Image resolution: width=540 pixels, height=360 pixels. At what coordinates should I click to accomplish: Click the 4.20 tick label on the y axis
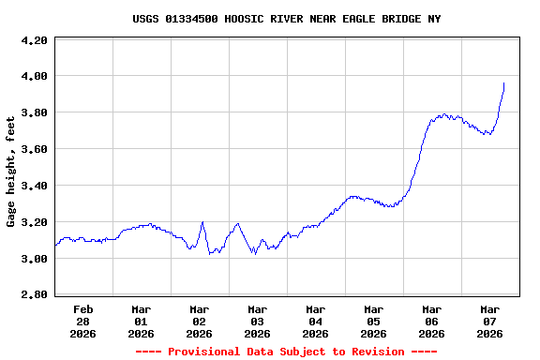pos(34,41)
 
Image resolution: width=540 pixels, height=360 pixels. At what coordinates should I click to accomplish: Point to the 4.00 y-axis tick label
pos(34,77)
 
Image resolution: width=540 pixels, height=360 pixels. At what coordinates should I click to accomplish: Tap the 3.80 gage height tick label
pos(34,113)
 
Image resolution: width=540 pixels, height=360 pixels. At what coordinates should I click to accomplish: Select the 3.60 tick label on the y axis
pos(34,150)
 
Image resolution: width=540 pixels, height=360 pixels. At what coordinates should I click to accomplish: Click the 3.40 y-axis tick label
pos(34,187)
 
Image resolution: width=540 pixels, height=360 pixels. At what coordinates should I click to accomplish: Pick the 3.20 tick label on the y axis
pos(34,223)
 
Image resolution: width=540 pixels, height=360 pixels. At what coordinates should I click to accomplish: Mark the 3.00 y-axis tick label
pos(34,260)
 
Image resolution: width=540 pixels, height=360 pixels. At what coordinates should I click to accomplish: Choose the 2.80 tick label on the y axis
pos(34,296)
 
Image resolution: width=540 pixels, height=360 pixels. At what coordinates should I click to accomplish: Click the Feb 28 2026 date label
pos(83,321)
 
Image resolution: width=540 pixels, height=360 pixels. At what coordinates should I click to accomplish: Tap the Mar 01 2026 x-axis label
pos(142,321)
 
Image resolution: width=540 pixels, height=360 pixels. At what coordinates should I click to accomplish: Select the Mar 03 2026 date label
pos(258,321)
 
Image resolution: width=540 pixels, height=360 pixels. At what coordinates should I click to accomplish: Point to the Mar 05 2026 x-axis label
pos(374,321)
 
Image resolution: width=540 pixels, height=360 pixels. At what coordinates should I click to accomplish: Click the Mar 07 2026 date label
pos(490,321)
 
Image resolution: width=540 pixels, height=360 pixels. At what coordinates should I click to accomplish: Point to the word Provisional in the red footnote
pos(202,352)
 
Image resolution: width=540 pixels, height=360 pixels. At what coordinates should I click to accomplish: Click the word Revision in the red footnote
pos(374,352)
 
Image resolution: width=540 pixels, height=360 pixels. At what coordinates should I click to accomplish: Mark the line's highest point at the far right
pos(503,83)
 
